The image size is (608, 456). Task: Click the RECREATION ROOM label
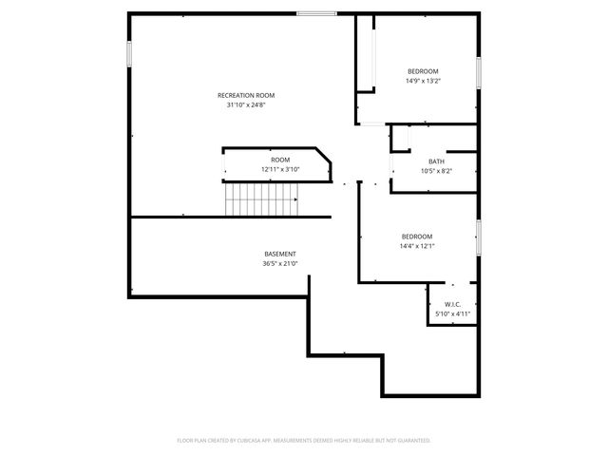point(246,95)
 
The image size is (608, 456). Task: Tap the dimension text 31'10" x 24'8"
point(246,104)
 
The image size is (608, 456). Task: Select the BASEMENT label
point(279,254)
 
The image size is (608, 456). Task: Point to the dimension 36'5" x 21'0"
point(279,263)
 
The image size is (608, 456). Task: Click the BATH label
point(436,161)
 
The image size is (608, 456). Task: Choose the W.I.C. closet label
point(452,304)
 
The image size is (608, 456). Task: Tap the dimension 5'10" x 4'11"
point(452,313)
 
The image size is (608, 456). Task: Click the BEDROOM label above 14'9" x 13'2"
point(423,72)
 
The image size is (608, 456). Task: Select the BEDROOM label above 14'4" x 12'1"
point(416,237)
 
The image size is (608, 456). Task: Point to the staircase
point(262,199)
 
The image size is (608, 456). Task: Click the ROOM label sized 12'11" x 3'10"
point(280,160)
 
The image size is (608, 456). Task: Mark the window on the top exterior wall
point(316,13)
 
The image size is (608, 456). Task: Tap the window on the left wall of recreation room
point(129,53)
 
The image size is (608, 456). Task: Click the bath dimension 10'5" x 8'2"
point(436,171)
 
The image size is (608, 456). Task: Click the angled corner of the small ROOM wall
point(326,154)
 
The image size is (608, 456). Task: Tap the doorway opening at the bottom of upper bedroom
point(373,123)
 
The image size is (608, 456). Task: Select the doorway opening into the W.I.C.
point(452,283)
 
